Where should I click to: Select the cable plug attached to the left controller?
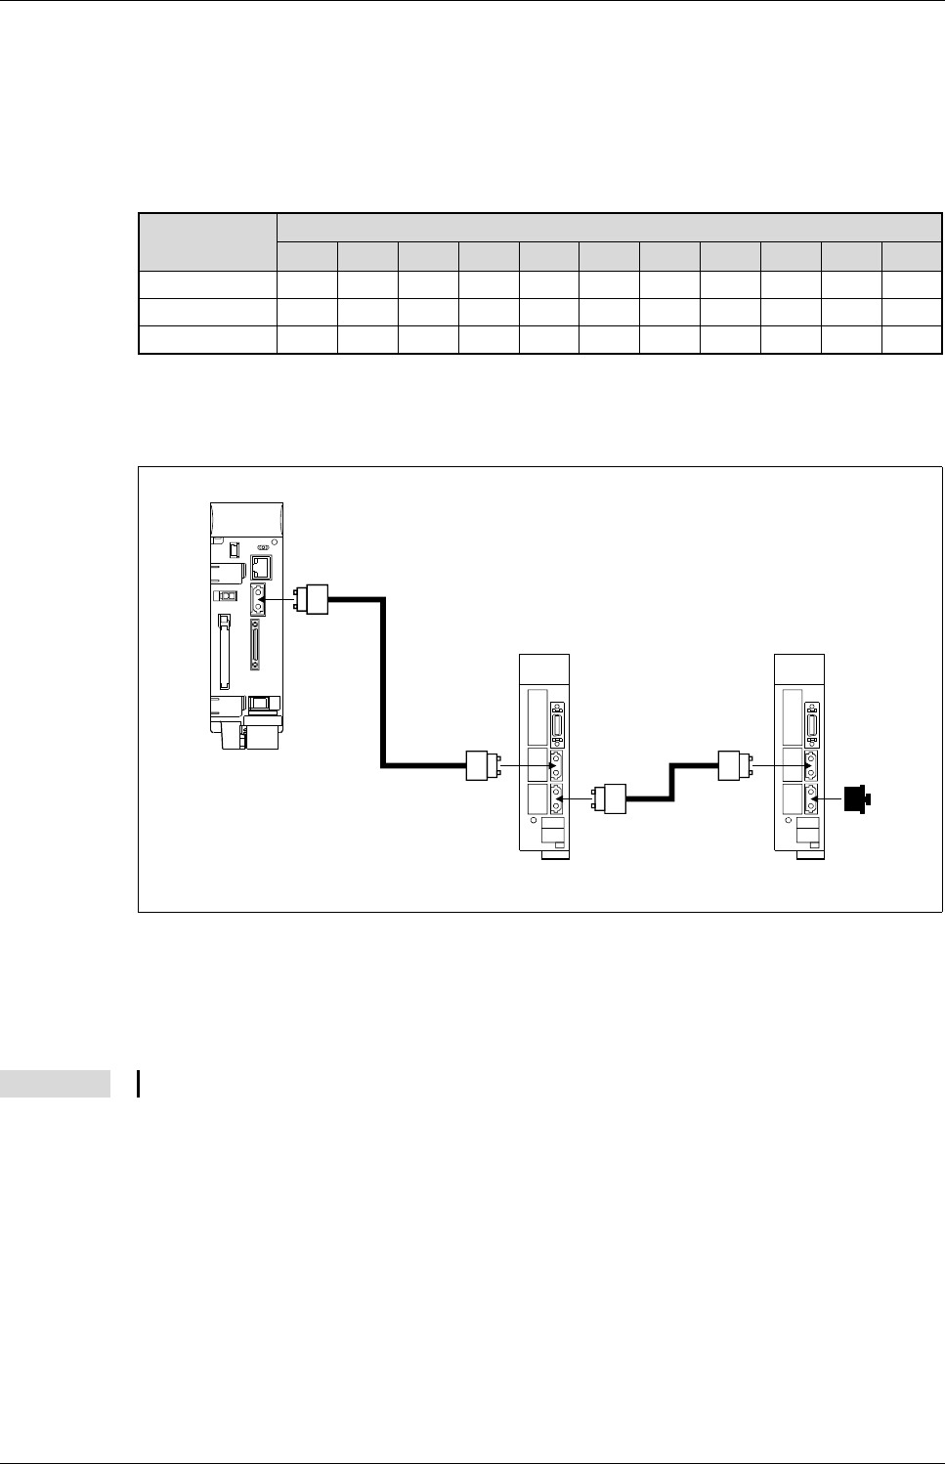pyautogui.click(x=318, y=598)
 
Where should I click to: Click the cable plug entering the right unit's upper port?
pyautogui.click(x=734, y=765)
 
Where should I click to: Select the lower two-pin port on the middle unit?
pyautogui.click(x=557, y=799)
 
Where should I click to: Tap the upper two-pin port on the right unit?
pyautogui.click(x=810, y=765)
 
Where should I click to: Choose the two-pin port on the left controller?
pyautogui.click(x=258, y=599)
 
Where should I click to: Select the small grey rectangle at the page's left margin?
pyautogui.click(x=55, y=1084)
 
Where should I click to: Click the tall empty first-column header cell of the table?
pyautogui.click(x=208, y=241)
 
